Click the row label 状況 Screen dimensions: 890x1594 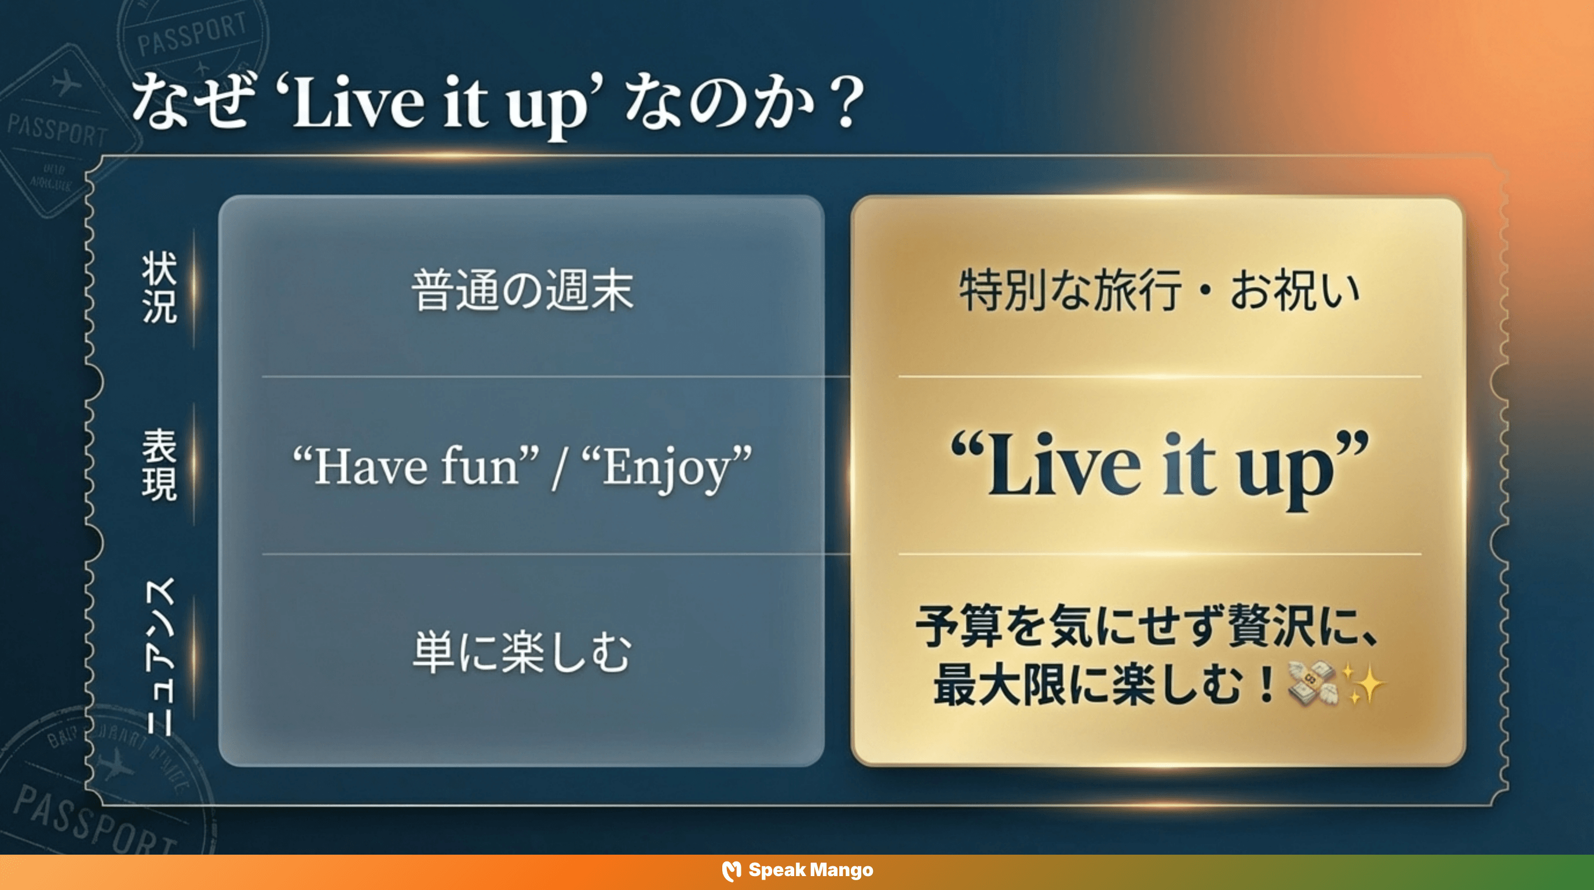tap(160, 288)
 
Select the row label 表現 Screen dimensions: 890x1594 tap(160, 465)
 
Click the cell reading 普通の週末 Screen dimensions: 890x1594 tap(522, 290)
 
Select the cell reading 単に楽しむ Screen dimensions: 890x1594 tap(522, 652)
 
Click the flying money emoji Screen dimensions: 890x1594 tap(1312, 684)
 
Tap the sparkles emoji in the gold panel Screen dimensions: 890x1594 tap(1365, 684)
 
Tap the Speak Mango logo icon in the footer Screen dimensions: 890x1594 tap(731, 871)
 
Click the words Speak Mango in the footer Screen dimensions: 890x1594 tap(811, 870)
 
